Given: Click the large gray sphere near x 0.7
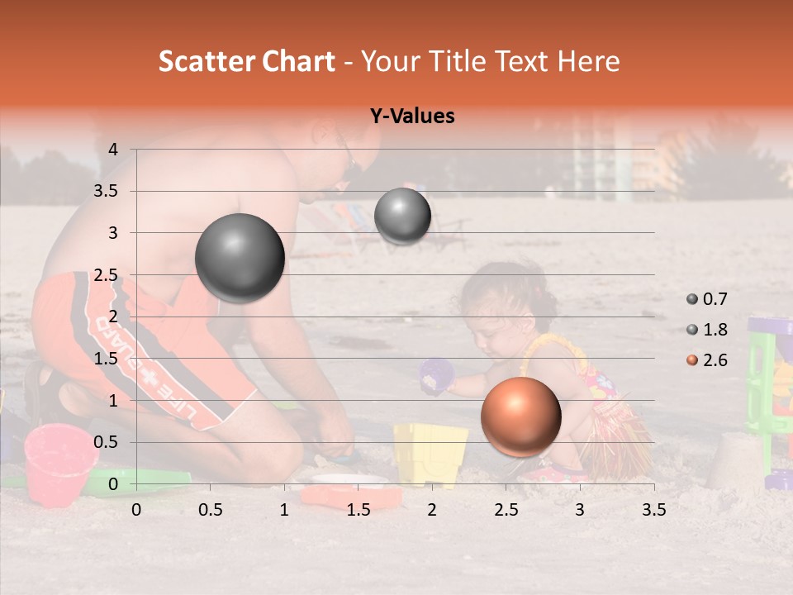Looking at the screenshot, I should coord(240,258).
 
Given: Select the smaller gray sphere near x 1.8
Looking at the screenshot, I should coord(402,217).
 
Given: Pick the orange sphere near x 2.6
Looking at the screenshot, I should coord(520,416).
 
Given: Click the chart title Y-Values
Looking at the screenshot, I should coord(412,117).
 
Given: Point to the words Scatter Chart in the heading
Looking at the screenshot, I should coord(246,62).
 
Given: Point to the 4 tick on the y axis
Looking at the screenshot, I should coord(113,150).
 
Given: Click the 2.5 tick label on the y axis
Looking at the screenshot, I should coord(106,275).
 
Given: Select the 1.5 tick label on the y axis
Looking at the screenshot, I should coord(106,359).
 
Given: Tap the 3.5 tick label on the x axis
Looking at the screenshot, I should coord(653,510).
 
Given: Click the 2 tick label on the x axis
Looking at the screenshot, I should coord(432,510).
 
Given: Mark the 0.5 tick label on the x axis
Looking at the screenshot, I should coord(211,510).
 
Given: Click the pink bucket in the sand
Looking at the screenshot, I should coord(59,462).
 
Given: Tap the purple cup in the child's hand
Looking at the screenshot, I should coord(437,376).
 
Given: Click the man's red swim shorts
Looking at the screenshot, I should coord(124,347).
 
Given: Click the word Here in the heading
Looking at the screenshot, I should coord(589,62).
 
